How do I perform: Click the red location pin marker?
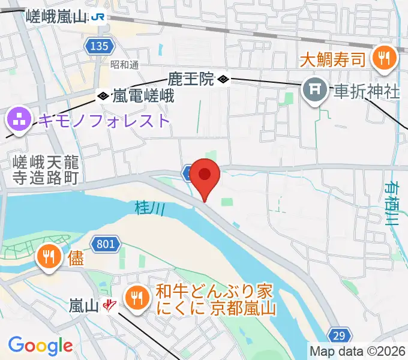(205, 175)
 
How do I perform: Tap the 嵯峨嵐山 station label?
(57, 17)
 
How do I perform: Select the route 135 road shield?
(97, 46)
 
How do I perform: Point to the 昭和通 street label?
(124, 64)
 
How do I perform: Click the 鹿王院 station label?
(191, 79)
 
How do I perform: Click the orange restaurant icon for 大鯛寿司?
(382, 58)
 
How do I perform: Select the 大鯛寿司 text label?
(333, 59)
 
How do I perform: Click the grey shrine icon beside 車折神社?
(314, 91)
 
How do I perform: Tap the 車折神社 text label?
(367, 92)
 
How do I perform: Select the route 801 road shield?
(104, 243)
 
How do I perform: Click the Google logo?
(40, 346)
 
